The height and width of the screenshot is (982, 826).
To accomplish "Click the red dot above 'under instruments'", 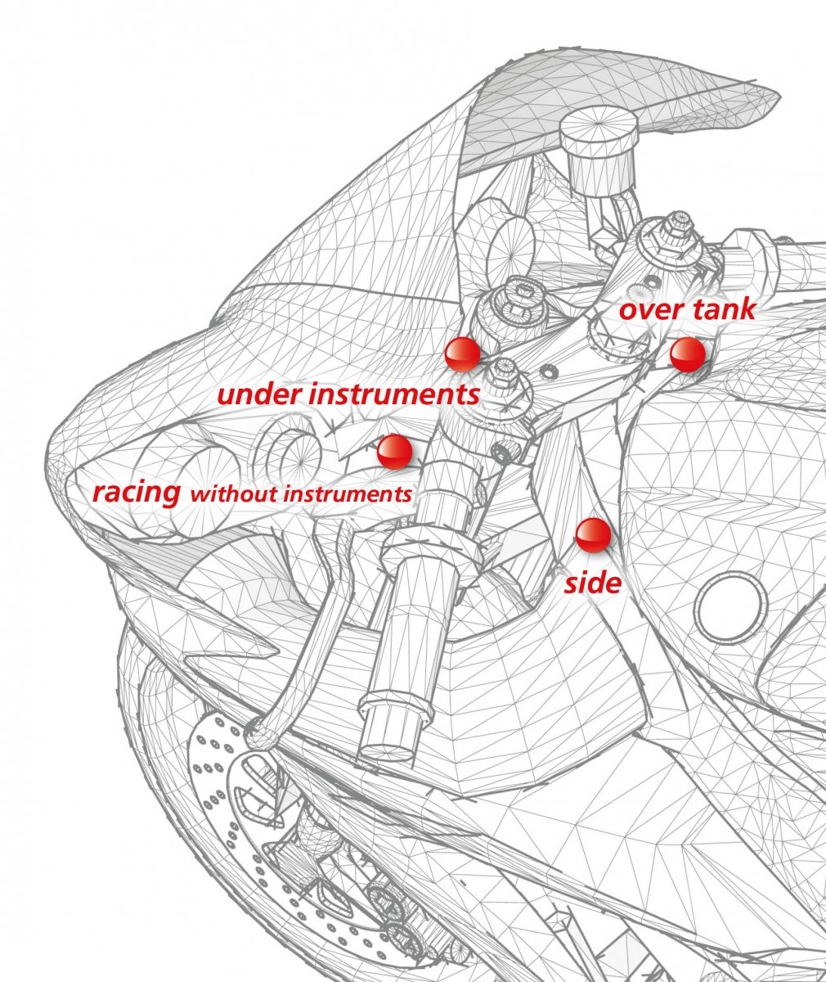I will coord(462,354).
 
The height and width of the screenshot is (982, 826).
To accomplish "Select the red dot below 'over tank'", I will coord(687,354).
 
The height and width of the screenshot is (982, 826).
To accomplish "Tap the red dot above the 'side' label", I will coord(593,535).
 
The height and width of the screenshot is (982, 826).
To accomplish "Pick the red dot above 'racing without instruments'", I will coord(395,453).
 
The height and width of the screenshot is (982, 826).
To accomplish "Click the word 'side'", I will coord(592,583).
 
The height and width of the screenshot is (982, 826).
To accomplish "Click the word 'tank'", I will coord(724,310).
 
